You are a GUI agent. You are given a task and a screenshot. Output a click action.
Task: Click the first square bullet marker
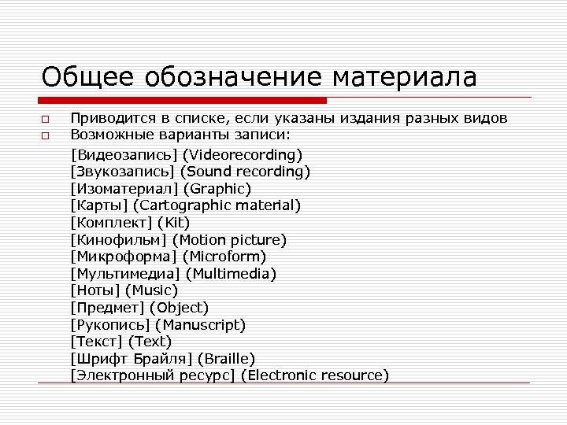click(46, 120)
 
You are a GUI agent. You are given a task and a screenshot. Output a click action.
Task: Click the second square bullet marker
click(46, 137)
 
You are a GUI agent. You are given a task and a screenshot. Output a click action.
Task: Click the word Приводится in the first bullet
click(106, 119)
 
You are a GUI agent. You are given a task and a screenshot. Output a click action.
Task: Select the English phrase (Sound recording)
click(245, 171)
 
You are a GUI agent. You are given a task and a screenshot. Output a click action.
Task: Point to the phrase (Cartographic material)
click(217, 205)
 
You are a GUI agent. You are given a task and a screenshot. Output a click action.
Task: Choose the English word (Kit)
click(173, 223)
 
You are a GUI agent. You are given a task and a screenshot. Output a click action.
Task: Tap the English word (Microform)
click(224, 257)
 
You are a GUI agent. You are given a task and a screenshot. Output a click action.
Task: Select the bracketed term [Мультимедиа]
click(125, 274)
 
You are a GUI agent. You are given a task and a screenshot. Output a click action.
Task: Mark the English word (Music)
click(151, 290)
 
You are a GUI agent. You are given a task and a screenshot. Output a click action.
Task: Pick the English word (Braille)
click(226, 358)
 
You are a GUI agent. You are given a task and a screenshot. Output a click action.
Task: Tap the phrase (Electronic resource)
click(315, 375)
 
